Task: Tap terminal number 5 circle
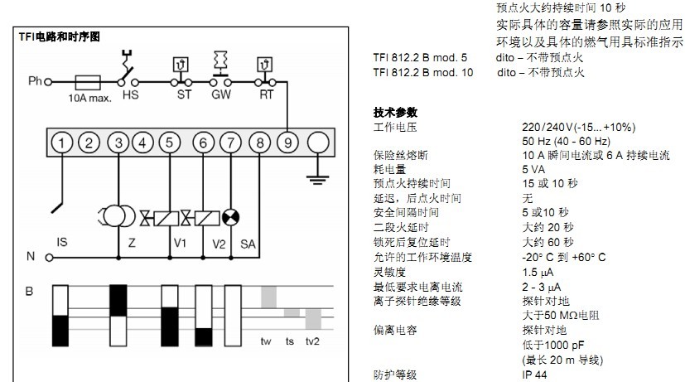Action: pyautogui.click(x=170, y=143)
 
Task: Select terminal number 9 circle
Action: pyautogui.click(x=287, y=143)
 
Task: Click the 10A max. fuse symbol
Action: pyautogui.click(x=87, y=83)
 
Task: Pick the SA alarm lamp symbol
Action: pyautogui.click(x=234, y=217)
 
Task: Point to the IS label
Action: pyautogui.click(x=61, y=243)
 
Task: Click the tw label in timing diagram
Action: pyautogui.click(x=266, y=341)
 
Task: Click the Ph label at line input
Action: pyautogui.click(x=34, y=83)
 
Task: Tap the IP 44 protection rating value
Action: pyautogui.click(x=533, y=375)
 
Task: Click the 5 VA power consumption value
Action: pyautogui.click(x=533, y=168)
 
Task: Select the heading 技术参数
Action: pyautogui.click(x=396, y=112)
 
